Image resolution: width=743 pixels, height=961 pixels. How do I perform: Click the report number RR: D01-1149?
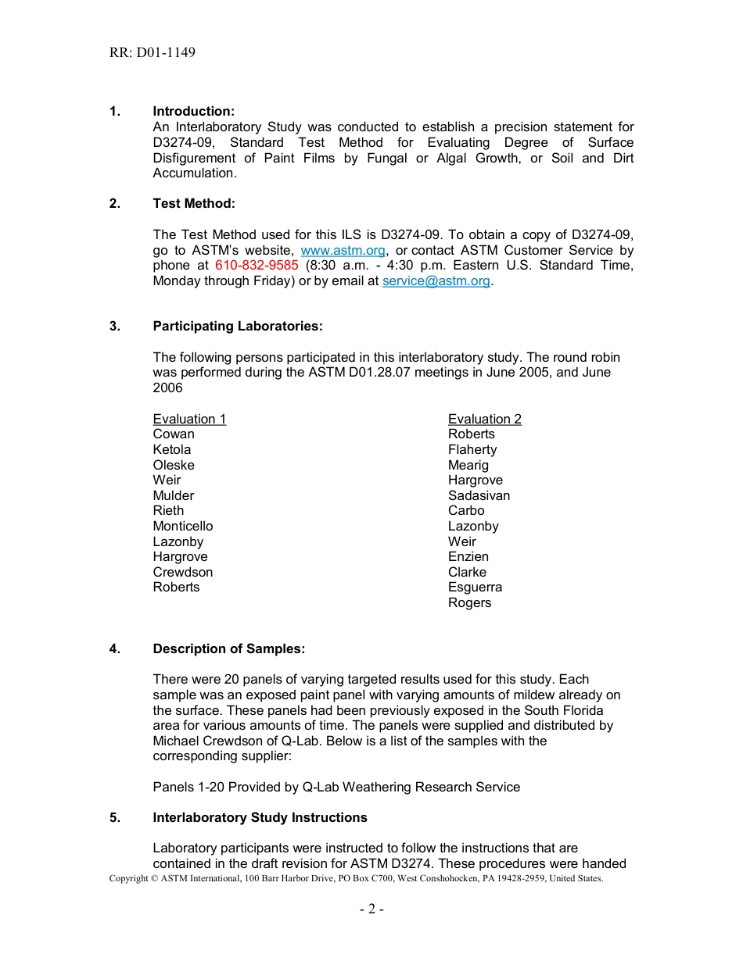click(x=153, y=53)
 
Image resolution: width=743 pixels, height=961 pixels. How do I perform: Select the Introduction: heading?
click(x=193, y=112)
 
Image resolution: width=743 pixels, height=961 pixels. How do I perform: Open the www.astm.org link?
click(x=343, y=251)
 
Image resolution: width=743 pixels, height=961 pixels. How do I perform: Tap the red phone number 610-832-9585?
click(x=257, y=266)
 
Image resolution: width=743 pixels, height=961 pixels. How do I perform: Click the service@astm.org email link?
click(x=436, y=281)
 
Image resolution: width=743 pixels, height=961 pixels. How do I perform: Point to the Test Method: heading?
click(x=193, y=204)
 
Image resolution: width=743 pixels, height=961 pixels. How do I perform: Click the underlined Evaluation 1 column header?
click(x=189, y=420)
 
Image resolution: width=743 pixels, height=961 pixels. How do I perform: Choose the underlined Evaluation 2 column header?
click(x=484, y=420)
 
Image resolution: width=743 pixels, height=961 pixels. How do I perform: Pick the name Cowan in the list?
click(x=174, y=434)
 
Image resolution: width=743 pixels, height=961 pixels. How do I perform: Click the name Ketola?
click(x=171, y=450)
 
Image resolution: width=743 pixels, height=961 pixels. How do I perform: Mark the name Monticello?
click(x=182, y=527)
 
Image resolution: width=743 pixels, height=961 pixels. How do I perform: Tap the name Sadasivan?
click(x=479, y=496)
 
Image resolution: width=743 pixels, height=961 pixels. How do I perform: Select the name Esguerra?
click(x=475, y=588)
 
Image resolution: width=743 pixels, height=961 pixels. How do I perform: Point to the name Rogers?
click(x=469, y=603)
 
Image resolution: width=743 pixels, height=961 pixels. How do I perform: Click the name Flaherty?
click(x=472, y=450)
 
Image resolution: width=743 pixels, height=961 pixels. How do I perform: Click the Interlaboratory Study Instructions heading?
click(x=260, y=818)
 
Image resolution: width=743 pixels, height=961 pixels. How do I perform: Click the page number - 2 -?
click(x=371, y=909)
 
